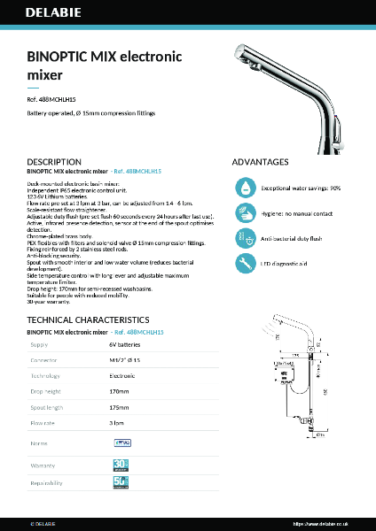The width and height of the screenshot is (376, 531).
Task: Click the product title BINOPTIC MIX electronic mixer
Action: [x=105, y=65]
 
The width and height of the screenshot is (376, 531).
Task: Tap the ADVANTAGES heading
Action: [x=260, y=163]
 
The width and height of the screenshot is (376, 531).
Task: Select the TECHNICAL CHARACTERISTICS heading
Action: [x=93, y=319]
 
